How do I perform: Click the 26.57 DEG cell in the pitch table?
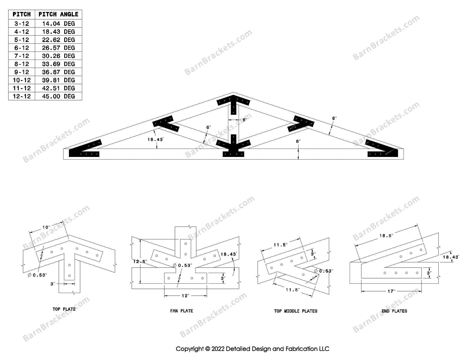pos(58,48)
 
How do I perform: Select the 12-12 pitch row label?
pos(22,96)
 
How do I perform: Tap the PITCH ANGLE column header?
pos(58,14)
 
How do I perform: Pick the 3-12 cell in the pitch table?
pos(22,24)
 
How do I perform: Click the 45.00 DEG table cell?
pos(58,96)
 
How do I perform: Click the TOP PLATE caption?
pos(64,309)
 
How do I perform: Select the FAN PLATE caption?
pos(181,311)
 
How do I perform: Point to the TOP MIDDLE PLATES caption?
pos(296,311)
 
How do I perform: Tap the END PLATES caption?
pos(394,311)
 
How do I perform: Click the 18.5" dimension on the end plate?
pos(386,236)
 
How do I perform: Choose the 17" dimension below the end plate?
pos(391,291)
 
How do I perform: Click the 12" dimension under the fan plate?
pos(185,296)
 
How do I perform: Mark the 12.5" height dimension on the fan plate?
pos(140,261)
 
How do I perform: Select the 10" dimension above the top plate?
pos(46,227)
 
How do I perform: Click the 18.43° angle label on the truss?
pos(155,139)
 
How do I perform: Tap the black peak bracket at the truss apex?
pos(233,102)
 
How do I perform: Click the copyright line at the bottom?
pos(252,349)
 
